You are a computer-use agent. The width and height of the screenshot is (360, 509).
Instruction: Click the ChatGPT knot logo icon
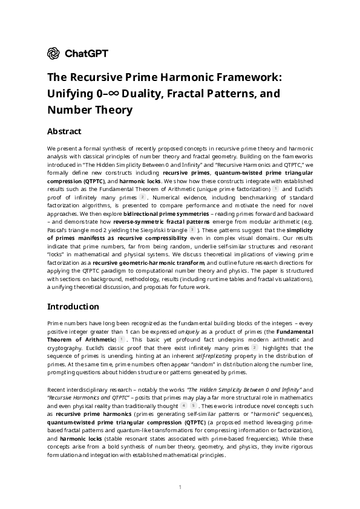(x=54, y=53)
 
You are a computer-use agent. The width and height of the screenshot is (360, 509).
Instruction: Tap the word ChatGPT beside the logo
(x=87, y=53)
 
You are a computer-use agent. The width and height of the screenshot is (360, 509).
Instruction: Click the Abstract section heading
(x=64, y=131)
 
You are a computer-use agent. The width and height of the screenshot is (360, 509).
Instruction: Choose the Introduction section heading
(x=73, y=306)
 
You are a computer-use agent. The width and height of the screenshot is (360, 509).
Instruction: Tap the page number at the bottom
(x=180, y=487)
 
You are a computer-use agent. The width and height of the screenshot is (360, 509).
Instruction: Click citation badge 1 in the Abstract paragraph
(x=275, y=189)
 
